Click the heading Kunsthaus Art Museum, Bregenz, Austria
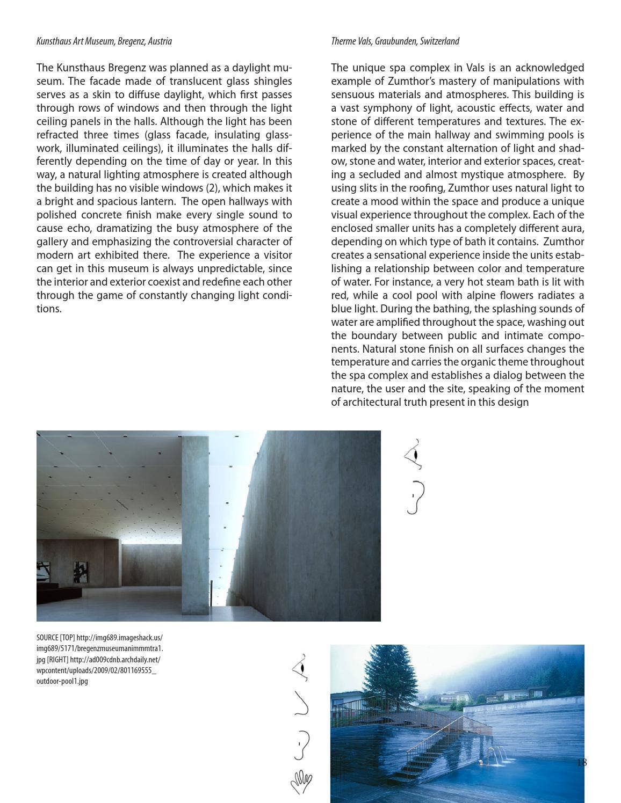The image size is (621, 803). click(x=104, y=41)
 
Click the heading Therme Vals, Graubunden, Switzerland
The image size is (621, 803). click(x=395, y=41)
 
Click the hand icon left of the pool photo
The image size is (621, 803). click(x=301, y=782)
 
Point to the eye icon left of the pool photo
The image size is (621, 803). click(x=301, y=668)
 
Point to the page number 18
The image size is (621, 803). click(x=581, y=763)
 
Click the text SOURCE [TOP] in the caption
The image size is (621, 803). click(x=55, y=638)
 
